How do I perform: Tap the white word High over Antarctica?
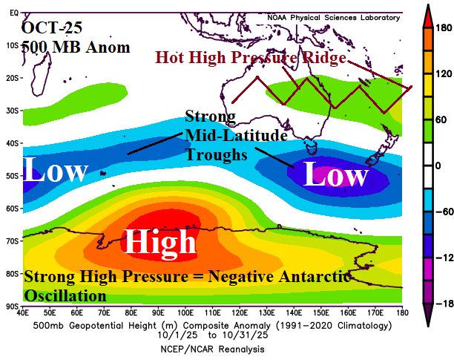click(x=159, y=242)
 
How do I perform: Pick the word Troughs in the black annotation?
click(x=216, y=156)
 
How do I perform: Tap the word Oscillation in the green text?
click(x=65, y=295)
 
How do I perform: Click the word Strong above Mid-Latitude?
click(x=210, y=117)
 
